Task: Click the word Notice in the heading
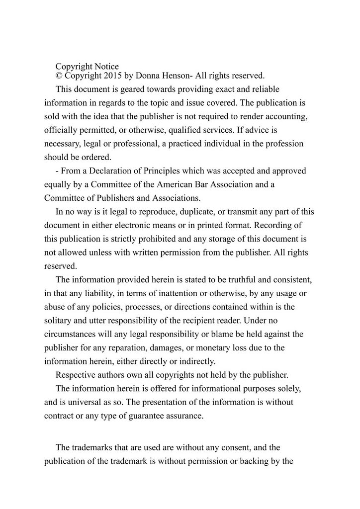pos(105,66)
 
